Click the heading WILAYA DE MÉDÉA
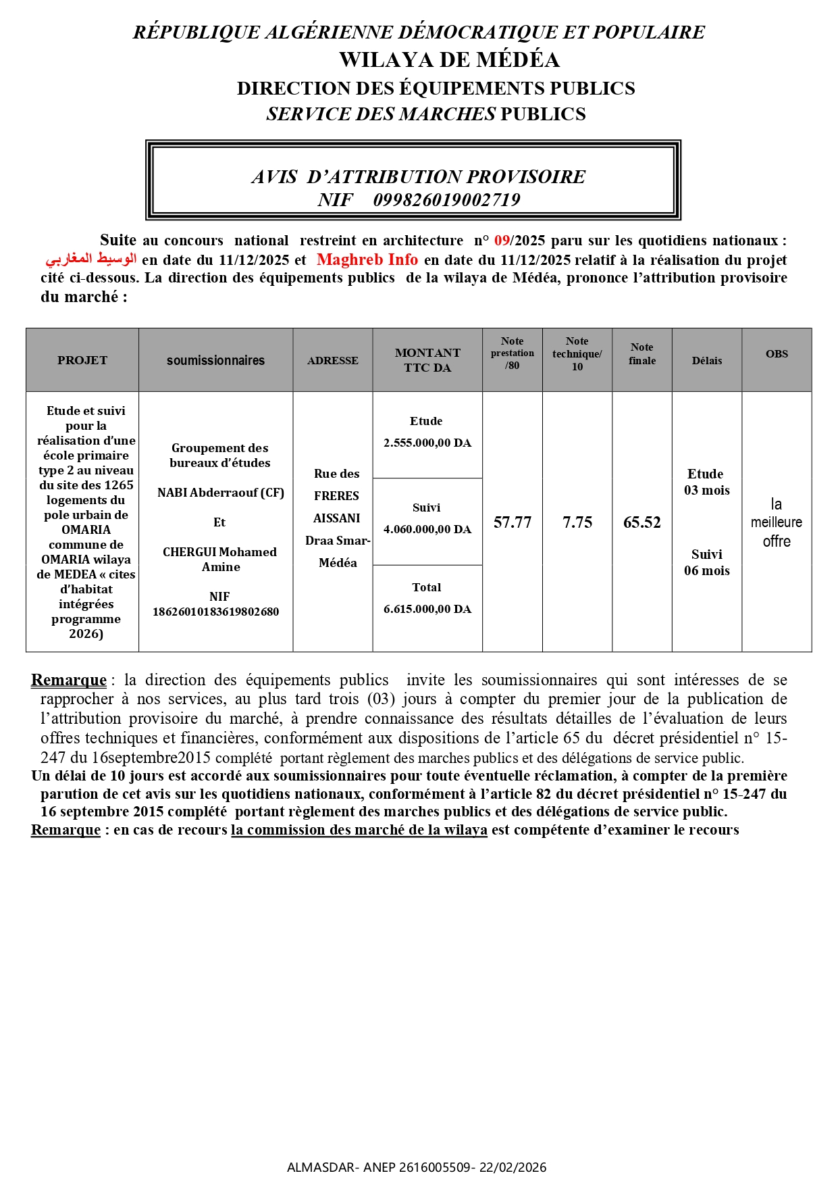click(x=449, y=60)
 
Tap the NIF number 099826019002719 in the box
click(x=446, y=200)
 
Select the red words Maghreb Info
click(x=367, y=260)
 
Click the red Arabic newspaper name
click(x=91, y=260)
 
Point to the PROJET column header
click(x=82, y=360)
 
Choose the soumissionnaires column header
click(x=215, y=360)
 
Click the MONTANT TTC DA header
click(x=427, y=360)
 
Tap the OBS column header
click(x=777, y=354)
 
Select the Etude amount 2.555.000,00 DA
click(x=427, y=443)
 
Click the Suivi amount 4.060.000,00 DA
click(x=427, y=529)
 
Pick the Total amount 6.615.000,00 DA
click(x=427, y=609)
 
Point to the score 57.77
click(x=513, y=522)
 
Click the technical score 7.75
click(x=577, y=522)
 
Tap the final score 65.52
click(x=642, y=522)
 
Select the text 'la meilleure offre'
click(x=777, y=522)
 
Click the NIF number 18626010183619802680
click(x=215, y=612)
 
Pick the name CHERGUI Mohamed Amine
click(x=220, y=559)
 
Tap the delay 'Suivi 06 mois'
click(x=707, y=562)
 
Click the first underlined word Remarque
click(x=69, y=680)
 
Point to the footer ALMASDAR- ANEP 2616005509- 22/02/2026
click(x=417, y=1167)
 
